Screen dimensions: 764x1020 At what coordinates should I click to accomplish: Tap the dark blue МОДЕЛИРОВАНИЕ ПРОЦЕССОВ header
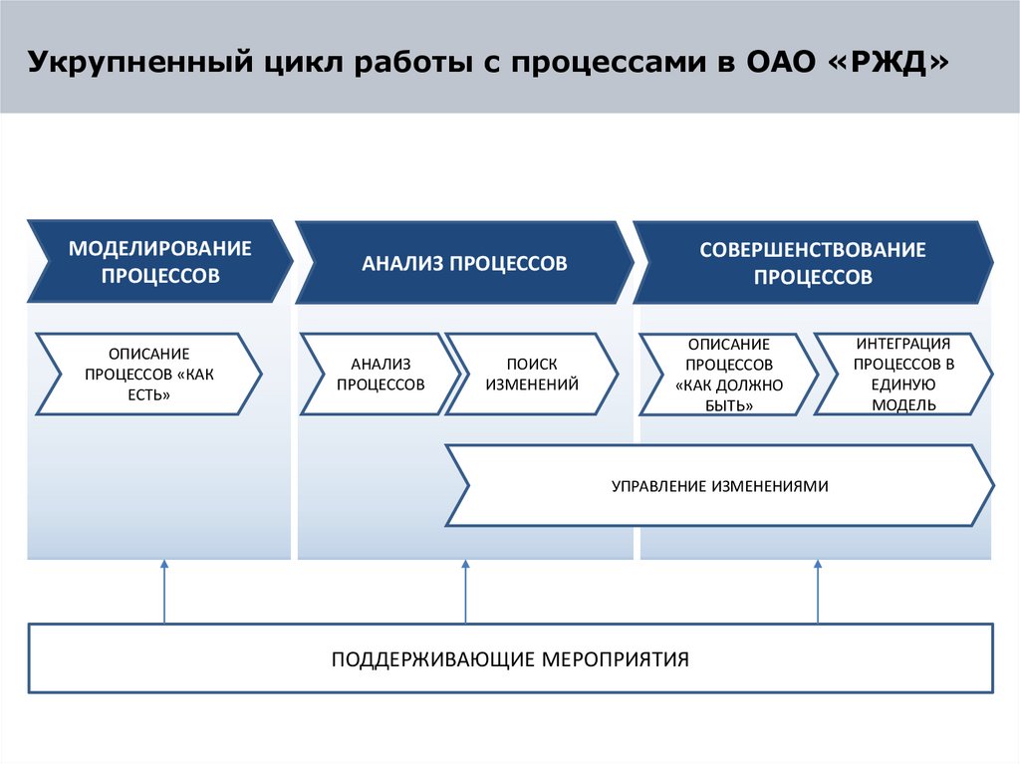(x=159, y=262)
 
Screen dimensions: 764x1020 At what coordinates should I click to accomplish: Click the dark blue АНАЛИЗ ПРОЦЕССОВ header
(x=464, y=264)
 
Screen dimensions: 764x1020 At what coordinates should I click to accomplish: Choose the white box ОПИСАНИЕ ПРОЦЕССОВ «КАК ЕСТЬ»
(x=149, y=374)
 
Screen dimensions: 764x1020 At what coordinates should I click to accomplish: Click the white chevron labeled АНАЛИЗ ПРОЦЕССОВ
(x=381, y=374)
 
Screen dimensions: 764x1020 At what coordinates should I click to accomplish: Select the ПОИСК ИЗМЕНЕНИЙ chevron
(x=532, y=374)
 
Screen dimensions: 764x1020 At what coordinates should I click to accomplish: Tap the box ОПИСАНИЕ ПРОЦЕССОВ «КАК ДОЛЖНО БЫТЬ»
(x=728, y=374)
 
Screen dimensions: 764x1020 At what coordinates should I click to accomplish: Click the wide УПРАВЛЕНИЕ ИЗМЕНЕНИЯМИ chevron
(x=719, y=486)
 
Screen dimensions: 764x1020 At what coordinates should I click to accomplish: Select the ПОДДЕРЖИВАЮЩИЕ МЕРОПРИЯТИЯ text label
(x=510, y=659)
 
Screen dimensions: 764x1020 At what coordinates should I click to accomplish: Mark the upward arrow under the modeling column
(x=164, y=593)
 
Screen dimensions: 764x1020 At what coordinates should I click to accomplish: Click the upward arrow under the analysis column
(x=465, y=593)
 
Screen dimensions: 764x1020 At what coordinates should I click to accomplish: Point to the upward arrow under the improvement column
(x=818, y=593)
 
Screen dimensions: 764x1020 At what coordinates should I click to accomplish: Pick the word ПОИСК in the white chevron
(x=532, y=365)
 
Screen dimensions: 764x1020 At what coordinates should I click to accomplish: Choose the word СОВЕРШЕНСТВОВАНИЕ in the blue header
(x=813, y=250)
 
